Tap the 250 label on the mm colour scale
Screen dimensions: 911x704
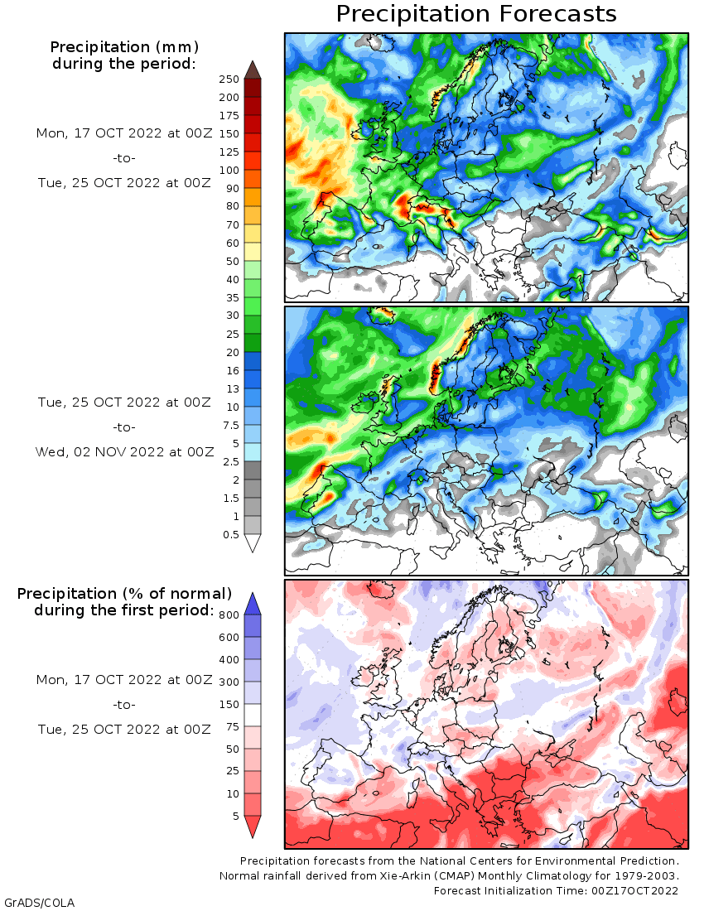pos(229,80)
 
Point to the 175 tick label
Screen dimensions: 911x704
pos(229,116)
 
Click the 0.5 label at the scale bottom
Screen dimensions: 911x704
pos(232,535)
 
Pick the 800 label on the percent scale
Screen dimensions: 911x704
pos(229,615)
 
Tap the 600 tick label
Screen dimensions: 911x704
pos(229,638)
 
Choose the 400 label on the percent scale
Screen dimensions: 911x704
pos(229,660)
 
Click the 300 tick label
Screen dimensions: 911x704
pos(229,682)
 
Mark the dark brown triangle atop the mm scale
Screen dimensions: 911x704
pos(253,70)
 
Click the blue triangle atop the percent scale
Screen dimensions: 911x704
pos(253,603)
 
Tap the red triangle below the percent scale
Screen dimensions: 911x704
pos(253,827)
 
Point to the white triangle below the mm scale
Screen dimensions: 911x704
pos(253,543)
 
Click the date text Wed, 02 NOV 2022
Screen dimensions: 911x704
pos(124,452)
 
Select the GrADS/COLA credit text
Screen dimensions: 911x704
pos(33,902)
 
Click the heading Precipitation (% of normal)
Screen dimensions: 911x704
pos(124,594)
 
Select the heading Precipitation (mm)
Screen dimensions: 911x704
pos(124,46)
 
